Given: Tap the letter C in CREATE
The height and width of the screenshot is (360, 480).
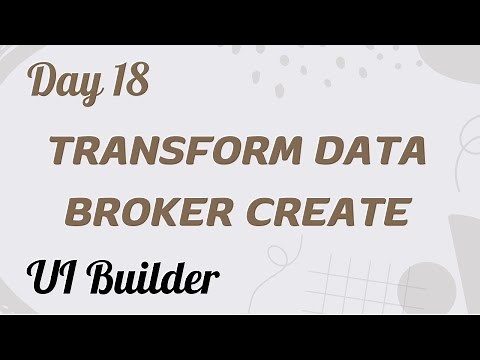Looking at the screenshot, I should [279, 212].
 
